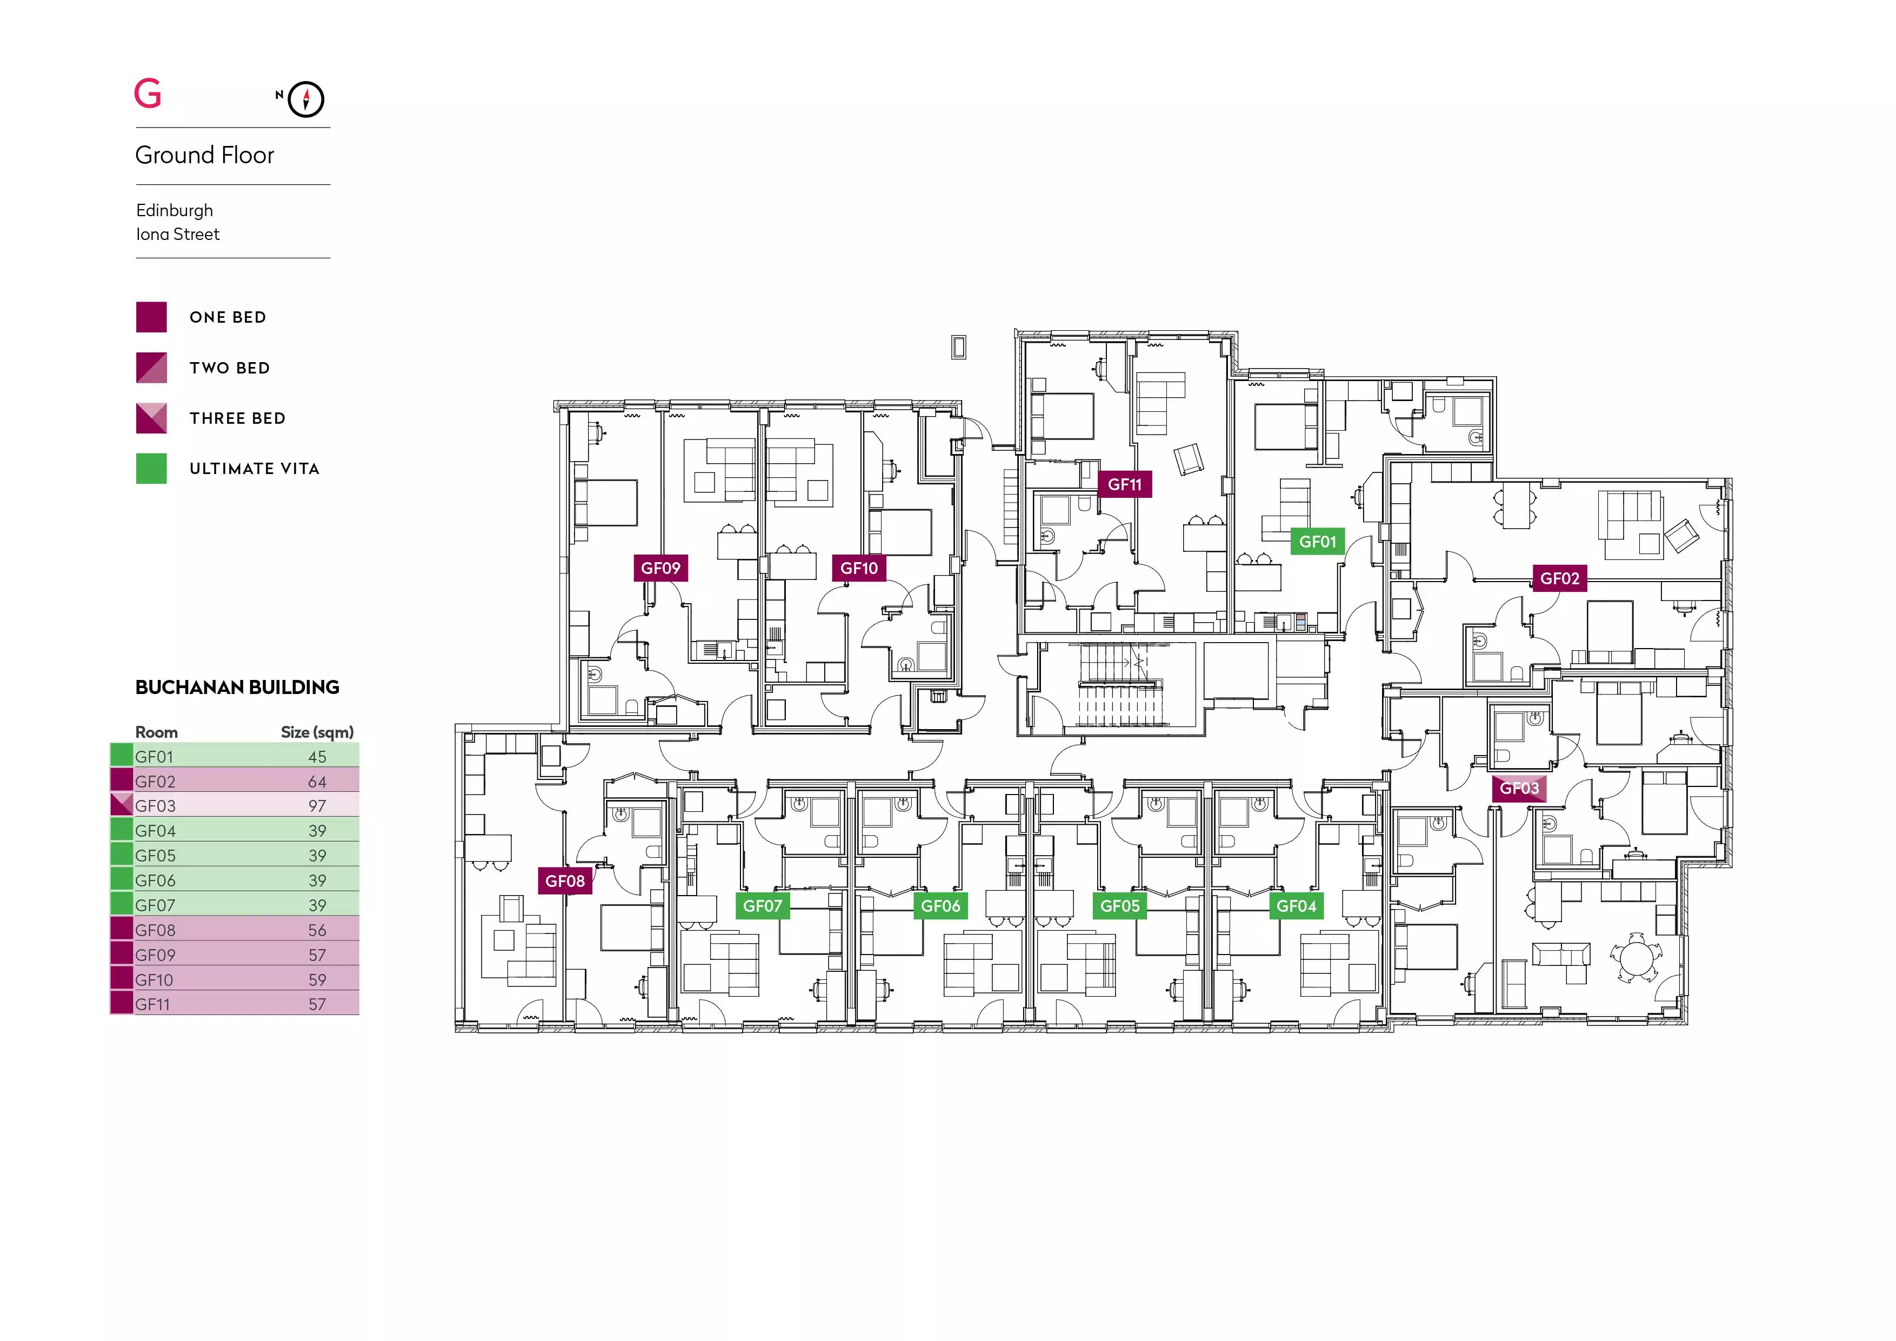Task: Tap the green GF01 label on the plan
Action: point(1317,542)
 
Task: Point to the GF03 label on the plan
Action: point(1519,789)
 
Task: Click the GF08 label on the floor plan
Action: point(565,881)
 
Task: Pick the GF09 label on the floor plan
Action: point(660,568)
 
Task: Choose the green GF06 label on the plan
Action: point(940,906)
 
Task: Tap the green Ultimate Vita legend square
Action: point(151,468)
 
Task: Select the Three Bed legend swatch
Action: point(151,418)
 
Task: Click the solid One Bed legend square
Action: point(151,317)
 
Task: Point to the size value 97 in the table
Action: point(317,806)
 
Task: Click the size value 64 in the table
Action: point(317,781)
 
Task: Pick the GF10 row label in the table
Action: point(155,980)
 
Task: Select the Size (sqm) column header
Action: point(317,732)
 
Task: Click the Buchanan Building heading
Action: point(237,687)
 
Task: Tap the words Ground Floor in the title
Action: point(205,155)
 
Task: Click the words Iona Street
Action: point(177,235)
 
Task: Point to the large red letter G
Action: point(148,94)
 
